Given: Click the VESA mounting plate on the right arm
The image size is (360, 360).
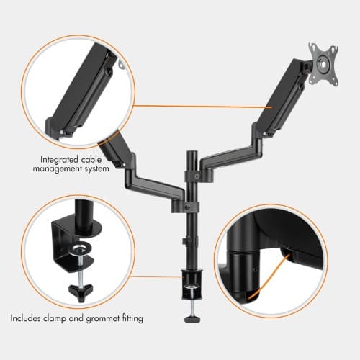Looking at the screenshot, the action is (323, 64).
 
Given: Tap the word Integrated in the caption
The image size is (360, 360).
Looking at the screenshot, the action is (59, 160).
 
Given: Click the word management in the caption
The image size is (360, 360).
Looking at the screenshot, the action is (57, 168).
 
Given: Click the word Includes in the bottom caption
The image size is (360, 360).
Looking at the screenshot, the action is (25, 318).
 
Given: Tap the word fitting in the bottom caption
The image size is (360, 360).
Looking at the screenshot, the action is (132, 318).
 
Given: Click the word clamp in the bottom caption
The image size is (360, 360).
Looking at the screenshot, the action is (55, 318).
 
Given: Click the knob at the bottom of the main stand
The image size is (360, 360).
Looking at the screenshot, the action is (193, 319).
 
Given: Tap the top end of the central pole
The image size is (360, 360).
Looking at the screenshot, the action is (192, 152).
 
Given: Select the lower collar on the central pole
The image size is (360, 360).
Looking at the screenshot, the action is (185, 207).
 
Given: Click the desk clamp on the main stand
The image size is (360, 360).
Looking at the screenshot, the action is (192, 284).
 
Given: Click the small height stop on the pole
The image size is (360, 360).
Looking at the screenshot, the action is (184, 240).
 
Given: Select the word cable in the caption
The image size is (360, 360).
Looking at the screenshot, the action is (91, 160).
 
